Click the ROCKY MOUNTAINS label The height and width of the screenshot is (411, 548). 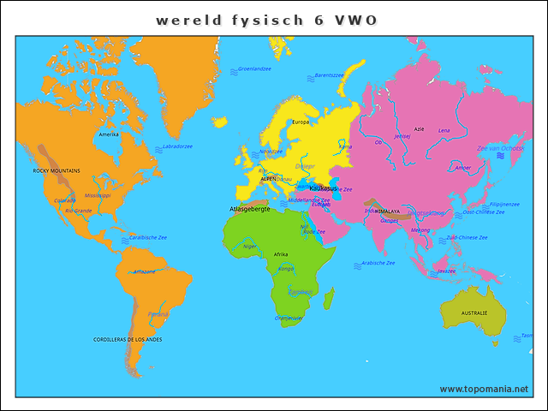(57, 170)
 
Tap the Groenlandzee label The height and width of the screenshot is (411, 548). (254, 68)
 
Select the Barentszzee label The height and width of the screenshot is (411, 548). (329, 75)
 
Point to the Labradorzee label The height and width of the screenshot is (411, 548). (177, 146)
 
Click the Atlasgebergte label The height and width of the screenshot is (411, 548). (250, 209)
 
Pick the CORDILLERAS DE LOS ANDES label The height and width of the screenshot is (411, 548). (128, 340)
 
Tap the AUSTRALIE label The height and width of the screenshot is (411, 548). (474, 313)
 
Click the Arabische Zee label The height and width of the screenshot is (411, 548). (378, 263)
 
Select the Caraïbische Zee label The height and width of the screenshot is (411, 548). (147, 237)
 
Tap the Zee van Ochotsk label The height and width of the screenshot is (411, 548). (500, 148)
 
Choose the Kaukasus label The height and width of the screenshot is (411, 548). (323, 188)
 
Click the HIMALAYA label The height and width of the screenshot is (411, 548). (387, 210)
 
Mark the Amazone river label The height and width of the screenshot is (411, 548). (144, 271)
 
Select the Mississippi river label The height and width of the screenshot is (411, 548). (98, 195)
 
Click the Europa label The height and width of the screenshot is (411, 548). (301, 122)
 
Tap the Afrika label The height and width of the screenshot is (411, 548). (281, 254)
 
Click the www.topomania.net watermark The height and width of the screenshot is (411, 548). (484, 389)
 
